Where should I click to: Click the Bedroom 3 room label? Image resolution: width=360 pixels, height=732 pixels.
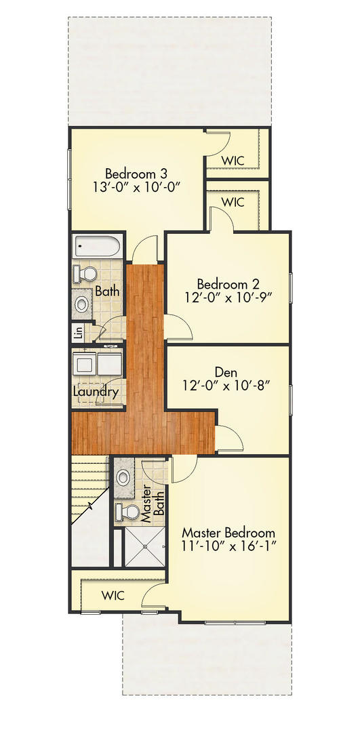pos(136,172)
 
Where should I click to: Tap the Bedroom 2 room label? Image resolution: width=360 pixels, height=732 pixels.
pos(228,283)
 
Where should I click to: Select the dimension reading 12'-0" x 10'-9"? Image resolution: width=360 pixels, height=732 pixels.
pos(228,298)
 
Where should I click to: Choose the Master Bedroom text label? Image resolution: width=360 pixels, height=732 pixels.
pos(228,532)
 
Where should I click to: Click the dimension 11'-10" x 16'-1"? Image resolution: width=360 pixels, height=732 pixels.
pos(228,546)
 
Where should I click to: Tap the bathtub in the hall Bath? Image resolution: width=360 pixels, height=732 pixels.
pos(97,245)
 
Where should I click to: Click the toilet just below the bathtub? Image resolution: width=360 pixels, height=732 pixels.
pos(86,274)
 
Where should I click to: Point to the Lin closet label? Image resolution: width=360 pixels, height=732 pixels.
pos(79,333)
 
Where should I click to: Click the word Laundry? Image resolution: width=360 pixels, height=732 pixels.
pos(96,392)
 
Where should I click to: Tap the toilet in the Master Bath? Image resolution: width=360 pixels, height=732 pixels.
pos(126,510)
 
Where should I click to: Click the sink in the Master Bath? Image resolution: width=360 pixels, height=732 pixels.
pos(124,477)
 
